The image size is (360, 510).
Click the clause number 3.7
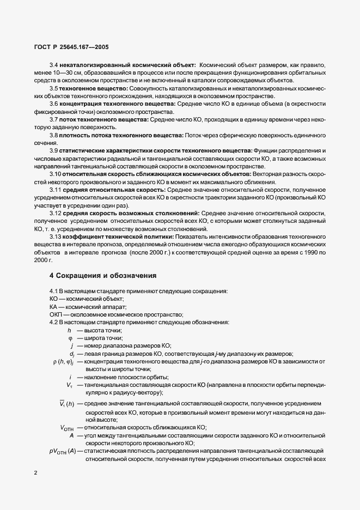(x=54, y=119)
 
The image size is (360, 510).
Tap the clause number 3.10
(x=56, y=174)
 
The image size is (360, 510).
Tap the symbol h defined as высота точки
(x=69, y=330)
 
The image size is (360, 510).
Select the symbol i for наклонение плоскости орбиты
(x=71, y=378)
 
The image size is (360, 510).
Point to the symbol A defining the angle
(x=71, y=435)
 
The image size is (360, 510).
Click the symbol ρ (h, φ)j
(x=63, y=362)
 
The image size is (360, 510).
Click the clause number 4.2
(x=54, y=323)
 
